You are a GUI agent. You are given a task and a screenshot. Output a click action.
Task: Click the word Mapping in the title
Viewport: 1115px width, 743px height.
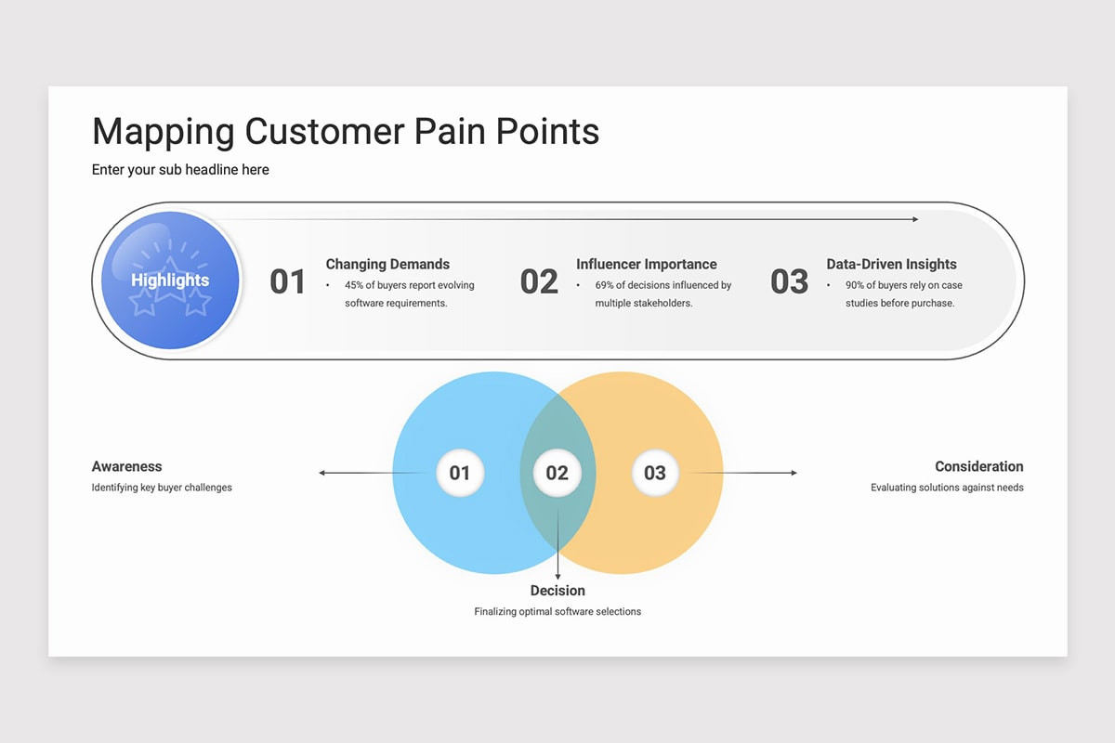[164, 133]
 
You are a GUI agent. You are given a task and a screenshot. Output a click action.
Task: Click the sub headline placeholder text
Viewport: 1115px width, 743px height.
[180, 170]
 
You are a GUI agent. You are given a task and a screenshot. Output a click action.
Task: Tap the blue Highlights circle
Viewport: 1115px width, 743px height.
[170, 280]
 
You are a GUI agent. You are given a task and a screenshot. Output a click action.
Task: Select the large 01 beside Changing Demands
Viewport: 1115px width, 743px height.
[287, 281]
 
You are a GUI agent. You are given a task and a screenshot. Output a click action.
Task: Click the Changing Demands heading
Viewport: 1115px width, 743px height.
[387, 264]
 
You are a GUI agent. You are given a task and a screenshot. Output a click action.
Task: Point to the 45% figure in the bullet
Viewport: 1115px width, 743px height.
[354, 285]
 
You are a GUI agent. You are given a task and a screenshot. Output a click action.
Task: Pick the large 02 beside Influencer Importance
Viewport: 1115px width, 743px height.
[539, 281]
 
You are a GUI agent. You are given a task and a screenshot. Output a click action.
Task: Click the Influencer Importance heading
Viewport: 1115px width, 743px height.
[647, 264]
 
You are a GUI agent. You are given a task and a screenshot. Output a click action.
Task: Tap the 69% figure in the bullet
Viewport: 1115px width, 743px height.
[604, 285]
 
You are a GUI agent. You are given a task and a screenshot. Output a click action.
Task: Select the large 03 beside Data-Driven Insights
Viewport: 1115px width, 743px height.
[790, 281]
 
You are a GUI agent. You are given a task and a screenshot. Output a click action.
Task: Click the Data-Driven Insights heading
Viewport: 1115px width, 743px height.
[891, 264]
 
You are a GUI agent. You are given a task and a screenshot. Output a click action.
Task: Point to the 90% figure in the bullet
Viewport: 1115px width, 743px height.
[855, 285]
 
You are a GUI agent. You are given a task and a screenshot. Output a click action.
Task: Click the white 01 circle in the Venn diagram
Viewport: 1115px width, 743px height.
[460, 473]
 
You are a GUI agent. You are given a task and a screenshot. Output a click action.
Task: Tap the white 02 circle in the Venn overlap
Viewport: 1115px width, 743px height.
[557, 473]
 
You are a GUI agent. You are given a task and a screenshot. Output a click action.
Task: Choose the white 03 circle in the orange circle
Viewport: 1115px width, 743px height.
[655, 473]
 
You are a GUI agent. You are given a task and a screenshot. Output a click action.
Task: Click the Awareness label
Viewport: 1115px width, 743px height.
[127, 466]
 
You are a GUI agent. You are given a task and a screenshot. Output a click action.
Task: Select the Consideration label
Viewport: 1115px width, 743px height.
[979, 466]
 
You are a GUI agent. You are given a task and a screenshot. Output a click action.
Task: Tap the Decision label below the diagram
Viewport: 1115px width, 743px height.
[557, 590]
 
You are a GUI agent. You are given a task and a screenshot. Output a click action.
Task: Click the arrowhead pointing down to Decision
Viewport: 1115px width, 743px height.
[557, 577]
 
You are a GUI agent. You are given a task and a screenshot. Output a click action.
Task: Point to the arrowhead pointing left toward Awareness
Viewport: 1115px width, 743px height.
[321, 473]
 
